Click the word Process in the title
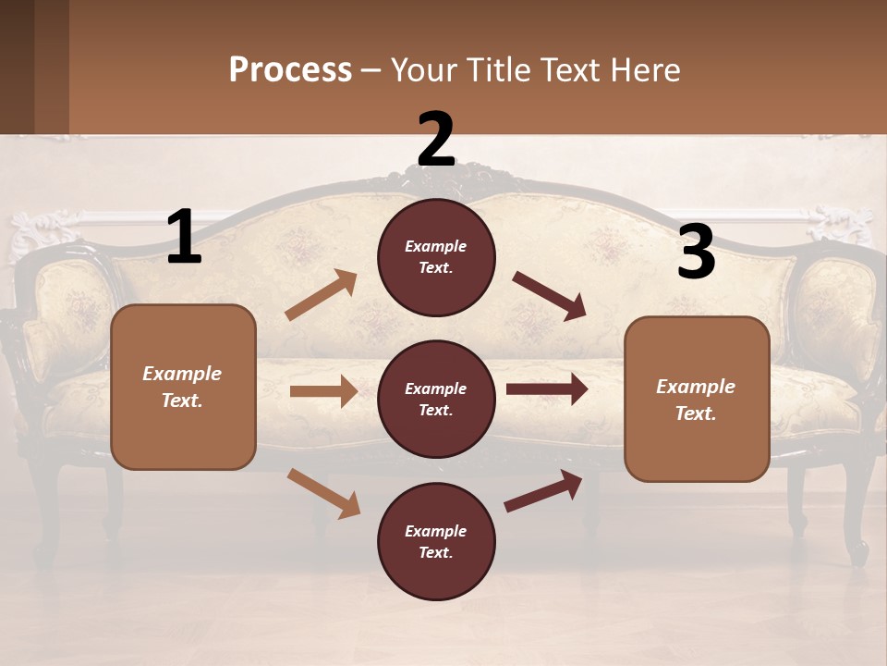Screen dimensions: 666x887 coord(290,70)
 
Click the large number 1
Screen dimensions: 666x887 coord(184,238)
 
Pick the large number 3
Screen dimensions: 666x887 coord(696,253)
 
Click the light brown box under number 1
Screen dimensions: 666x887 coord(183,387)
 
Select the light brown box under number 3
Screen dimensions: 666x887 coord(697,399)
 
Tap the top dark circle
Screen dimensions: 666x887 coord(436,257)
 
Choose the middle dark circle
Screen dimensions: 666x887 coord(436,399)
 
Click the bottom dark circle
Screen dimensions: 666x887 coord(436,541)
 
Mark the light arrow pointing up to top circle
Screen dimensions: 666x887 coord(322,295)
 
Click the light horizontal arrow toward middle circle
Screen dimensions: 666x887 coord(323,391)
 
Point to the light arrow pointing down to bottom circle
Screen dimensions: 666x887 coord(323,492)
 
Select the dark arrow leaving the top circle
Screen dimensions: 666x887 coord(549,295)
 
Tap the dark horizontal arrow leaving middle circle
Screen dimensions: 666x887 coord(547,389)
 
